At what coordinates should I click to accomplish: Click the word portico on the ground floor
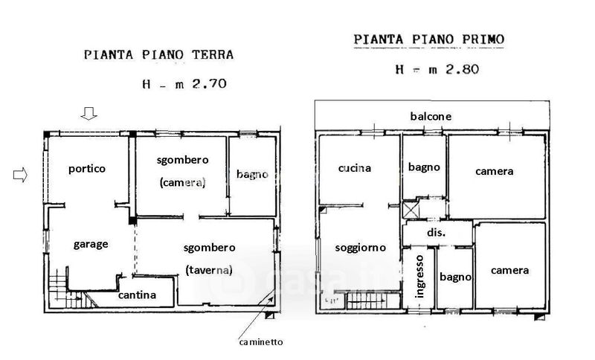[87, 169]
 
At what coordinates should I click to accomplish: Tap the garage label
[91, 244]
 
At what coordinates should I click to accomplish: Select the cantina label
[137, 295]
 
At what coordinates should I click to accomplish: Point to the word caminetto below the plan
[261, 342]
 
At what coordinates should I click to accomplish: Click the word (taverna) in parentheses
[209, 270]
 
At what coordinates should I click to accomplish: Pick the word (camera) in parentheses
[182, 183]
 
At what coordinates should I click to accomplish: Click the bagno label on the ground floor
[252, 175]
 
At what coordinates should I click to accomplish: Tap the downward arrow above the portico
[89, 113]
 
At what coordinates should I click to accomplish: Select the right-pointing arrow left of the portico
[20, 175]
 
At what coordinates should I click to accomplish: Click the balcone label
[431, 116]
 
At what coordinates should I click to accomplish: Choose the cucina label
[355, 168]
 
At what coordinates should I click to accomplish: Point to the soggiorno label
[361, 248]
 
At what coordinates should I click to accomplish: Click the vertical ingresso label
[419, 277]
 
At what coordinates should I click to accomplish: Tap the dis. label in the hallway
[436, 232]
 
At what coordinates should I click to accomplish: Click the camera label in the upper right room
[495, 172]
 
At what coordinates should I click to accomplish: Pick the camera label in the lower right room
[509, 271]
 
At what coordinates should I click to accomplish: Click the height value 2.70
[210, 83]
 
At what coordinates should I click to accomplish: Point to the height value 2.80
[462, 69]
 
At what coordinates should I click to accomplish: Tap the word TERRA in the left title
[213, 55]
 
